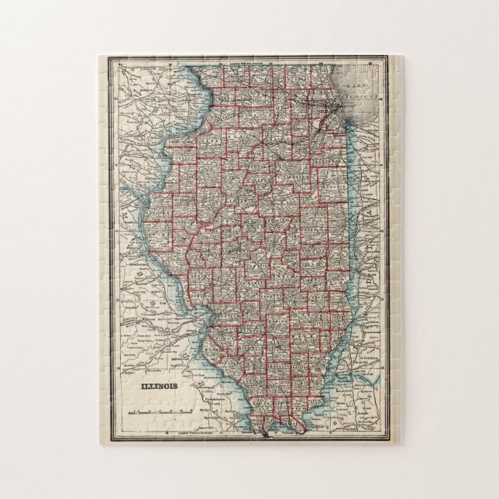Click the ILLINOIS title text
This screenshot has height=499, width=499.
click(157, 385)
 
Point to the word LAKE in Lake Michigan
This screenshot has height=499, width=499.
click(357, 87)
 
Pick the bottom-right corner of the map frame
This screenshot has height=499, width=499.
click(388, 442)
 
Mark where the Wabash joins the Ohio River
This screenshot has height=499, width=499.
click(335, 380)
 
